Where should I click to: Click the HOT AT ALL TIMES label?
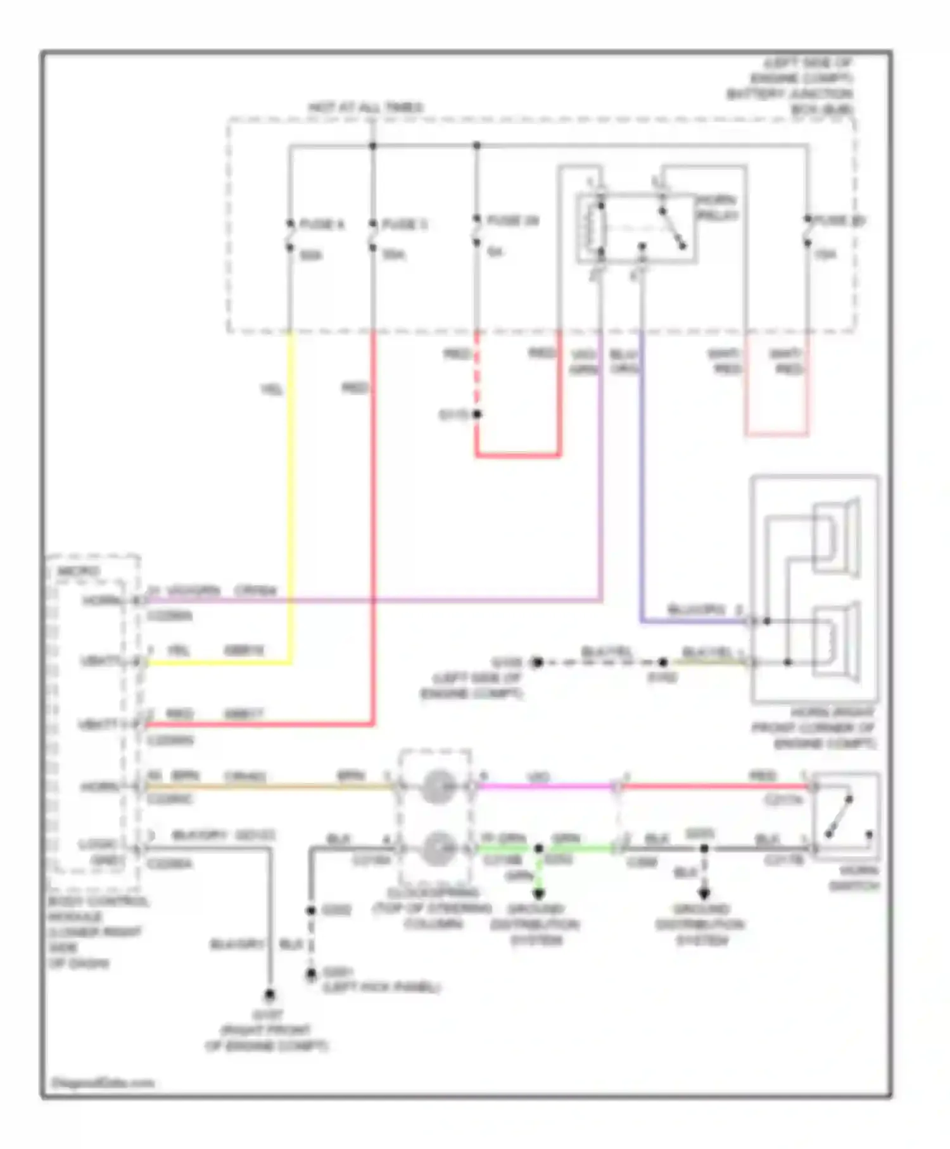tap(366, 108)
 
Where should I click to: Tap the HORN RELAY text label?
tap(717, 207)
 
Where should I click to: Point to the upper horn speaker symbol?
tap(835, 538)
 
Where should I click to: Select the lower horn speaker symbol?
tap(835, 644)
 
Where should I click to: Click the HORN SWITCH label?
tap(854, 878)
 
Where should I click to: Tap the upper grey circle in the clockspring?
tap(436, 786)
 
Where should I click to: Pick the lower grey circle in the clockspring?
tap(436, 847)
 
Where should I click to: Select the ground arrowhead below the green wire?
tap(538, 894)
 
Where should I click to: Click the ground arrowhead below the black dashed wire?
tap(704, 894)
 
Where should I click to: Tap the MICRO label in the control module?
tap(79, 571)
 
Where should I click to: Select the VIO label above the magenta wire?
tap(538, 776)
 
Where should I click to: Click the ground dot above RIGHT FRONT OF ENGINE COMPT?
tap(269, 994)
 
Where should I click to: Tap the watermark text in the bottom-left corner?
tap(102, 1082)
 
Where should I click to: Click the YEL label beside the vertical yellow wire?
tap(272, 390)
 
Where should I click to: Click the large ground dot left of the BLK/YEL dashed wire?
tap(537, 663)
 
